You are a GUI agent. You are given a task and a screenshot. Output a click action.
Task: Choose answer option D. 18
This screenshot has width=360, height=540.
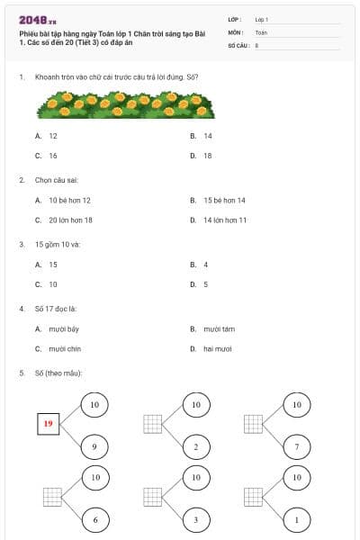[x=206, y=156]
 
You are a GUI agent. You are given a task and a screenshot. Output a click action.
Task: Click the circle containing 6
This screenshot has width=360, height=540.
[x=94, y=519]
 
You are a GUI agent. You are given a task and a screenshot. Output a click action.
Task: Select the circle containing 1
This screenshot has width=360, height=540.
[x=296, y=519]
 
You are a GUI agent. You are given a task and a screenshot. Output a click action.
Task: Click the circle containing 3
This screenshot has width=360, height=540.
[x=195, y=519]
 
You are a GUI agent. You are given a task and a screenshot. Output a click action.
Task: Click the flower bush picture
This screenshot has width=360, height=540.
[x=125, y=106]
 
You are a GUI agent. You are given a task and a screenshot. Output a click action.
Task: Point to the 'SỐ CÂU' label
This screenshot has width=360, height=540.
[x=238, y=44]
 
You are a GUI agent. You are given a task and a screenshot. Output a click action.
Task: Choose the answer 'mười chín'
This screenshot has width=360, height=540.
[x=63, y=348]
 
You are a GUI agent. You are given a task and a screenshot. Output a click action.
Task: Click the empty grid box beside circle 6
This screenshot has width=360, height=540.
[x=52, y=495]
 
